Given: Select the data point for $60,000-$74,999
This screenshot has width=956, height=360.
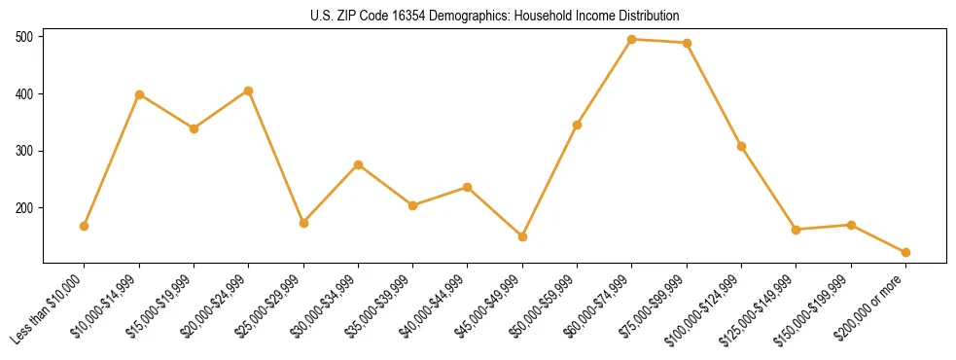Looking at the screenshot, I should [x=632, y=40].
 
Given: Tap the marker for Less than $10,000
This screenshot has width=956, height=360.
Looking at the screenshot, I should [x=85, y=226].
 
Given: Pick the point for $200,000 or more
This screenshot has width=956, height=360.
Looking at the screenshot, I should [x=906, y=252].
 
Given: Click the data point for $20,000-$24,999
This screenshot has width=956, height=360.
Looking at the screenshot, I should [x=249, y=91].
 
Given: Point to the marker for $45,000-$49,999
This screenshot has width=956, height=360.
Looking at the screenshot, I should [x=522, y=236].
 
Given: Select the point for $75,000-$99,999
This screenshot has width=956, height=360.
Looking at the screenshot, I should [x=688, y=43].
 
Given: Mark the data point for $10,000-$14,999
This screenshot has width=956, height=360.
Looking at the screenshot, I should [x=139, y=94].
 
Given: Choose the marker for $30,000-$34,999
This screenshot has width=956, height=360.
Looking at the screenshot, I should [x=358, y=164].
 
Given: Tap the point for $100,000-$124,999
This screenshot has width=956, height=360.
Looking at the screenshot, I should [x=742, y=146].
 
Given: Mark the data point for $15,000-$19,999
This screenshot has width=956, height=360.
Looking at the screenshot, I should [x=194, y=128].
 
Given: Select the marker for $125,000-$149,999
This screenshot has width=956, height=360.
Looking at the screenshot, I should [x=797, y=230].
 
